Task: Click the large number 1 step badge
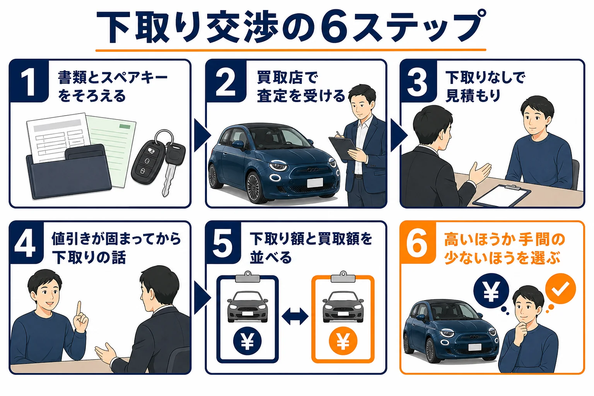point(29,81)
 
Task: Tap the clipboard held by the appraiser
point(343,147)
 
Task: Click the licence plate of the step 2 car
point(315,183)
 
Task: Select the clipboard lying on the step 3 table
point(501,195)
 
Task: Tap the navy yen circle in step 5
point(247,341)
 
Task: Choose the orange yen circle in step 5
point(343,341)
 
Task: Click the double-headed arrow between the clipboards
point(295,316)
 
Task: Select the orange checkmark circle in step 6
point(560,288)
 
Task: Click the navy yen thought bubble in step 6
point(491,291)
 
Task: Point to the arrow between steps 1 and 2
point(202,135)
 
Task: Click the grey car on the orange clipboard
point(343,307)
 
